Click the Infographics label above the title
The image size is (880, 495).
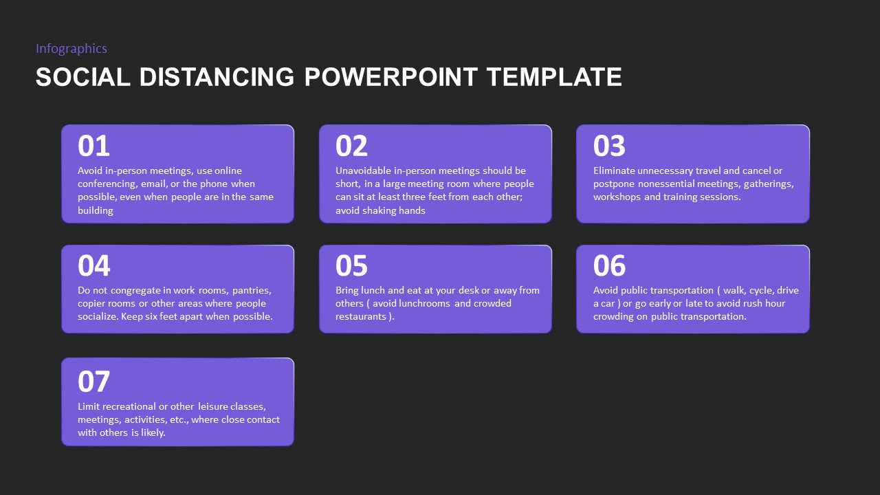pyautogui.click(x=71, y=48)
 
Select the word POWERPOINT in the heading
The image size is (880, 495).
pyautogui.click(x=390, y=77)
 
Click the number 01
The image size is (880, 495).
pyautogui.click(x=93, y=146)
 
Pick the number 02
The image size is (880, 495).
pyautogui.click(x=351, y=146)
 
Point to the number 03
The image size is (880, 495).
pyautogui.click(x=609, y=146)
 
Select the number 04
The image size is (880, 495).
pyautogui.click(x=93, y=266)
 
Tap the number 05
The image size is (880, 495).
pyautogui.click(x=351, y=266)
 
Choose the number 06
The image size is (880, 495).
pyautogui.click(x=609, y=266)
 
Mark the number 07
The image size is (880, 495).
pyautogui.click(x=93, y=382)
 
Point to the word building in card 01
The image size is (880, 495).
pyautogui.click(x=96, y=210)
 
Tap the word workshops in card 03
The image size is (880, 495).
pyautogui.click(x=617, y=197)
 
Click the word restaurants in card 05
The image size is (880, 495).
pyautogui.click(x=361, y=316)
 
